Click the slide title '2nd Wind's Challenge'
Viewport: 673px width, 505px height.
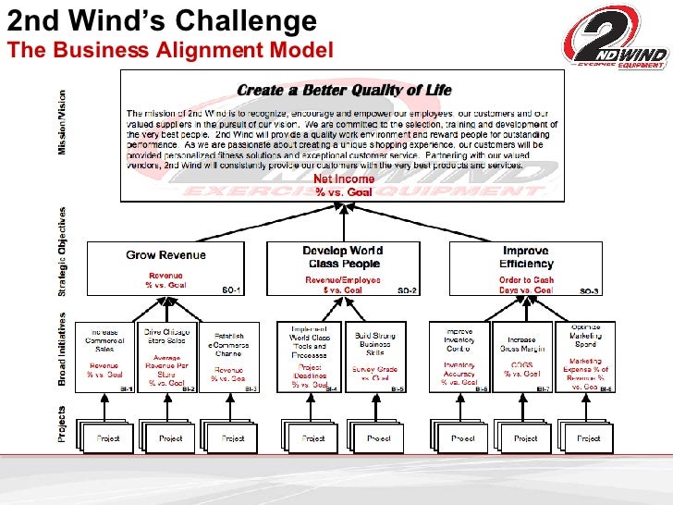(162, 20)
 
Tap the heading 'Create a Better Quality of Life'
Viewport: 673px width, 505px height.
(345, 90)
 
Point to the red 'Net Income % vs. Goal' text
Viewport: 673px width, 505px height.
(344, 184)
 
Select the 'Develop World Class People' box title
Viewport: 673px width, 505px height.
(343, 256)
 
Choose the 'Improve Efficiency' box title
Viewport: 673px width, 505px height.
(525, 256)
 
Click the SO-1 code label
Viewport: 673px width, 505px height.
(232, 290)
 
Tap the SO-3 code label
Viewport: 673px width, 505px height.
(589, 290)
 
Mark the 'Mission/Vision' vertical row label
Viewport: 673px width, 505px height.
(63, 122)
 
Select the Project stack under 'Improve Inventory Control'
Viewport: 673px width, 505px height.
(459, 437)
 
